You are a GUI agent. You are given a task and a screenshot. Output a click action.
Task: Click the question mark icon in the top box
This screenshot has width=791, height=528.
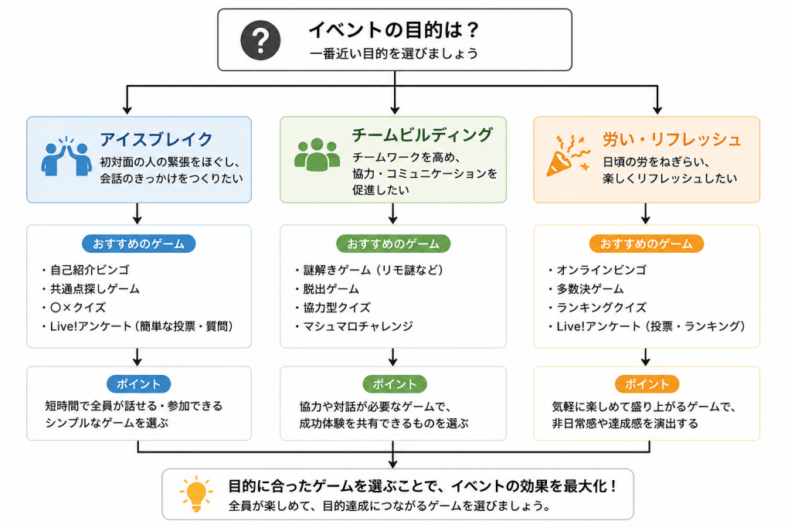260,40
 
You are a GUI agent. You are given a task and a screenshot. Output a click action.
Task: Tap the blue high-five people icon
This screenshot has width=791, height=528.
66,156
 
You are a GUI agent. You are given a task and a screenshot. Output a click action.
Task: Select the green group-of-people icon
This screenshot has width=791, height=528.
317,155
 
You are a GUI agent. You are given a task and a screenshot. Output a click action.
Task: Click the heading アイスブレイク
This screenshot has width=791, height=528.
156,139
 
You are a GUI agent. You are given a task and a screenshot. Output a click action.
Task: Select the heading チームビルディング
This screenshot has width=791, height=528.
423,135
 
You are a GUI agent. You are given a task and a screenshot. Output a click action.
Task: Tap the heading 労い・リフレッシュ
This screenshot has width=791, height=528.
672,139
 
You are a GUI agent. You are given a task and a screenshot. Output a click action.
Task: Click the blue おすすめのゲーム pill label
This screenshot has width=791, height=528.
139,244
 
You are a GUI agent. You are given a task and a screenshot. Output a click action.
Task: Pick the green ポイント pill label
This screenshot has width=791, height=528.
395,384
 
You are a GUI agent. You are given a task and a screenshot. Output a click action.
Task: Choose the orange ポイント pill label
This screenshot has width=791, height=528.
647,384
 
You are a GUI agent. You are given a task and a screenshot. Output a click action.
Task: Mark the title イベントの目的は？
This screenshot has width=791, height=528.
393,30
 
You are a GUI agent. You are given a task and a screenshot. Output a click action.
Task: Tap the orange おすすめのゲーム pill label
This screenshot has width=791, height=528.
647,244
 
